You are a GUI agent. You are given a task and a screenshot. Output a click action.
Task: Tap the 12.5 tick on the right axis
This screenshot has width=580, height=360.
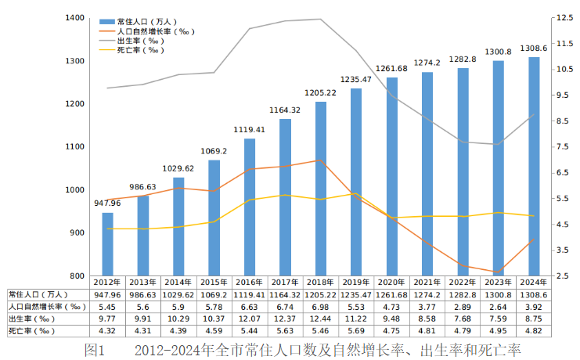point(564,17)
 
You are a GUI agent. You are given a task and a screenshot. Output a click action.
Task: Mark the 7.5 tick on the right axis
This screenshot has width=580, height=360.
point(561,147)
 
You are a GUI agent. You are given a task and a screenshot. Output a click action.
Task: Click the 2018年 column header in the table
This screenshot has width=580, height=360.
point(321,283)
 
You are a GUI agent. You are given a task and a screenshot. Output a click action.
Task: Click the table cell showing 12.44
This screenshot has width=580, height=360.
point(321,319)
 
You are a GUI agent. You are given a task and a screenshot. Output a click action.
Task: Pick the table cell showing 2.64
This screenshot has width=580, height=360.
point(499,307)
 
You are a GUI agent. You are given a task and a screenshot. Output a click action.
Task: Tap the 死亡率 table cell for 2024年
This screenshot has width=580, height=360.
point(534,332)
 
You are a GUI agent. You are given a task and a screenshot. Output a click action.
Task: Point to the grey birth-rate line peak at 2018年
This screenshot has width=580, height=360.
point(321,20)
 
